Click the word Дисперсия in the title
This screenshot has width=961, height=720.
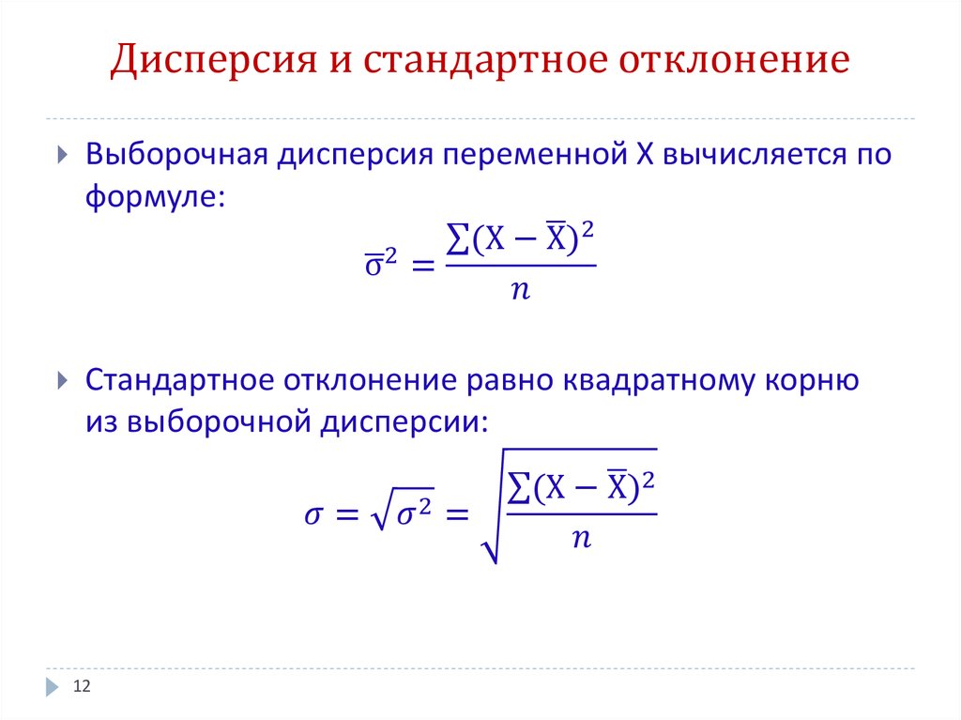click(214, 61)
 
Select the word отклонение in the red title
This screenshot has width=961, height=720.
click(734, 59)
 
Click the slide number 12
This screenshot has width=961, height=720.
click(82, 685)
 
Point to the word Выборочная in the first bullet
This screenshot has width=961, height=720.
click(176, 154)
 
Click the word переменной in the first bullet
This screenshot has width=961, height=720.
click(535, 154)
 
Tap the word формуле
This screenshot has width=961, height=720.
click(156, 197)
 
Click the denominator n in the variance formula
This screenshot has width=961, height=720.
click(520, 289)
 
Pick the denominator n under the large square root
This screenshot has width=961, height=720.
click(581, 539)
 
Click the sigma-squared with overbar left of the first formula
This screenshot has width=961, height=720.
click(381, 263)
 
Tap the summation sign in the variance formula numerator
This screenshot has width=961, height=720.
click(458, 238)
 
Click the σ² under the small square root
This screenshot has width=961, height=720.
click(414, 512)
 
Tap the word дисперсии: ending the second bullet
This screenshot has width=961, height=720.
click(404, 422)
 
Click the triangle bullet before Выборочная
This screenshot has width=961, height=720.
click(62, 154)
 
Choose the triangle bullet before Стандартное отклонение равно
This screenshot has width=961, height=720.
click(62, 380)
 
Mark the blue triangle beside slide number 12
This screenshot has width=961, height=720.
click(53, 687)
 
